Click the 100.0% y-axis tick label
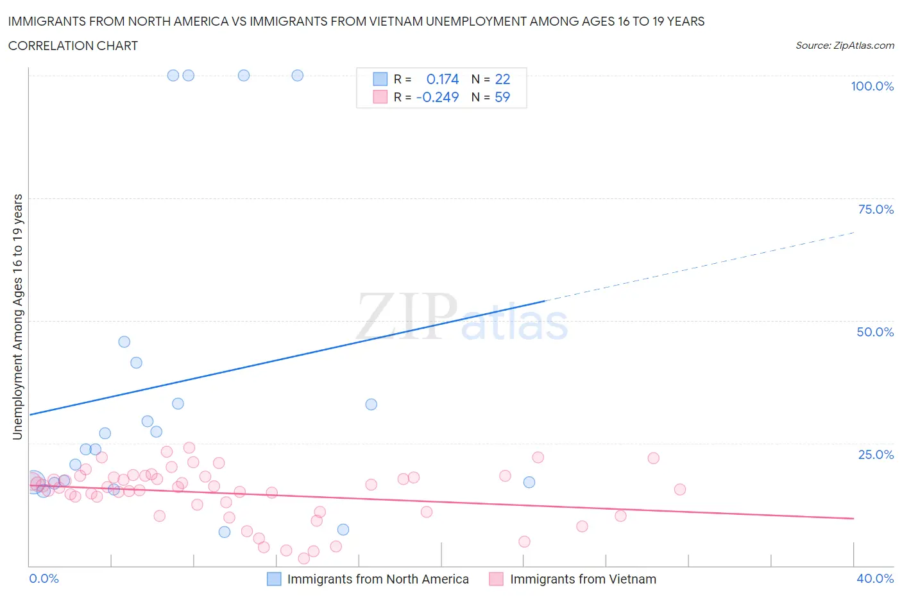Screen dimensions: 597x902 872,87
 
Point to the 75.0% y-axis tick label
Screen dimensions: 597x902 876,209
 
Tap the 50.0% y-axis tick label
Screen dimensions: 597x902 875,332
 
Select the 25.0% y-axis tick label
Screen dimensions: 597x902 876,454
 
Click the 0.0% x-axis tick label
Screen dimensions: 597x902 44,578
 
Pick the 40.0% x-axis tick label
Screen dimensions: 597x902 875,578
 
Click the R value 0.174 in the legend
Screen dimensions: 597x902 443,79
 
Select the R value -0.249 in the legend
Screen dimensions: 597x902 438,97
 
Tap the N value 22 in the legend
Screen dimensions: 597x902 502,79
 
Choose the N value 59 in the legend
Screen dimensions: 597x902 502,97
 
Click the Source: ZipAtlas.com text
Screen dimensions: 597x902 844,46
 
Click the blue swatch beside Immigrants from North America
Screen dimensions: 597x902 274,579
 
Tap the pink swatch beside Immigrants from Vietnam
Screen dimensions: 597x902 496,579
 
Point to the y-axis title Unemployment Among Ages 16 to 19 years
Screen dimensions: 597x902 17,317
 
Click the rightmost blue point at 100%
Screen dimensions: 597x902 298,75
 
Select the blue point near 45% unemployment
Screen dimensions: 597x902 124,342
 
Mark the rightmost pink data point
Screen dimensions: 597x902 680,489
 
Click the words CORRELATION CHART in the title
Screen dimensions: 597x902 73,46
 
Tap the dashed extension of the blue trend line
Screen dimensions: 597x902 699,266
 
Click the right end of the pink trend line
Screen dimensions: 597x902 853,518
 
